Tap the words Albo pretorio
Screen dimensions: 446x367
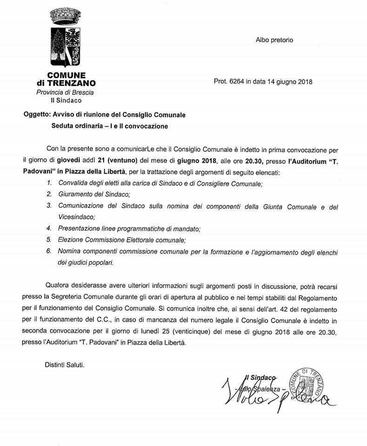pos(274,40)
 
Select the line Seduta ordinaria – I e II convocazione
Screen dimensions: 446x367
pos(109,125)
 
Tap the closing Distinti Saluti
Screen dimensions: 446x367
pos(65,366)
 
